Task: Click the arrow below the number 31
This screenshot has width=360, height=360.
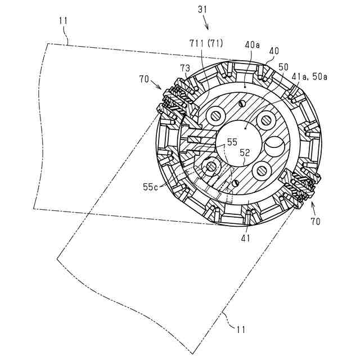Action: tap(206, 24)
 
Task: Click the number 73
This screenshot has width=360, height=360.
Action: tap(185, 68)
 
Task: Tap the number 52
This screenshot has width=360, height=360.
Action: tap(245, 152)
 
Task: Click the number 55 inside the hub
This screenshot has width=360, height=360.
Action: tap(232, 143)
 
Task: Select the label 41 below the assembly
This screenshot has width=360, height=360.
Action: tap(245, 238)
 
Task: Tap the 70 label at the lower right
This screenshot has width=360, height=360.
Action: tap(315, 222)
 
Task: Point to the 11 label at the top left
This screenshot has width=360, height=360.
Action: tap(62, 20)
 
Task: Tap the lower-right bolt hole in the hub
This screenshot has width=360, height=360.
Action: tap(262, 169)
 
